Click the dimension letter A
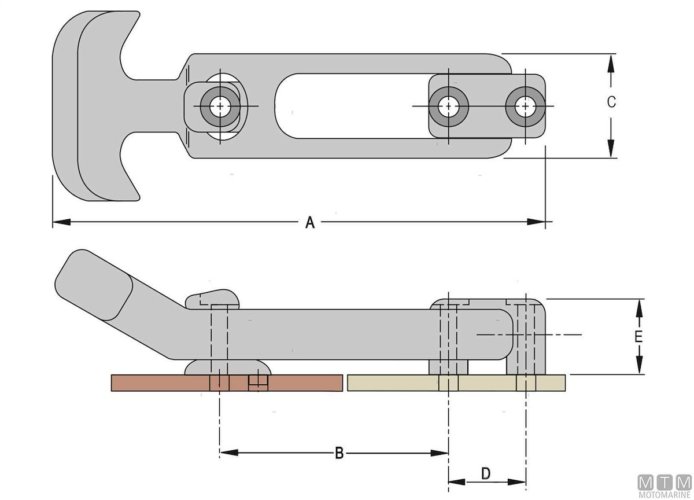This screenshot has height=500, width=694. point(310,222)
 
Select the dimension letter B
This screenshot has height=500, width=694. point(339,453)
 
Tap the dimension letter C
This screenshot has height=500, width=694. point(611,102)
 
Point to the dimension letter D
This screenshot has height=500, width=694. point(486,474)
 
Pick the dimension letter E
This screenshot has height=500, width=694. point(638,337)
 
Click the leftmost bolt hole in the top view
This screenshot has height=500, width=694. point(219,106)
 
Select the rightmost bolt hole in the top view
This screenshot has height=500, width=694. point(525,106)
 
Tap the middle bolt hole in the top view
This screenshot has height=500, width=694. point(448,106)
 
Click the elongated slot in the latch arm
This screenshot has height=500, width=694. point(347,106)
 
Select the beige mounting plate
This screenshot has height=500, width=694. point(399,383)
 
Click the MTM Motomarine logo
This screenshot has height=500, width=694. point(665,486)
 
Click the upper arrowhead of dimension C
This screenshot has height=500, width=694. point(611,61)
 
